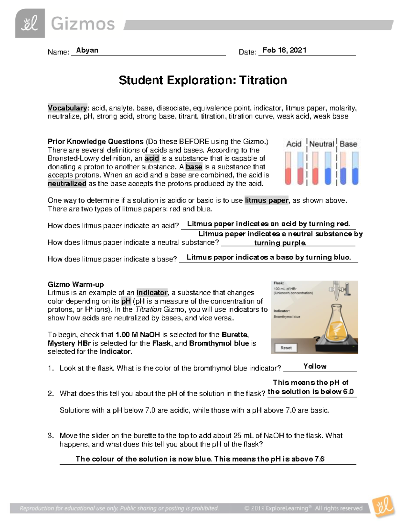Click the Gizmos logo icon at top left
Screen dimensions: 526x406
coord(30,23)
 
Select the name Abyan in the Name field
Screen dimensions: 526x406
coord(87,50)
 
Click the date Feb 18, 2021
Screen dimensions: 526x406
coord(284,50)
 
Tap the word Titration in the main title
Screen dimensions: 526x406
coord(263,80)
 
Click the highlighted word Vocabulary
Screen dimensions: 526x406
coord(67,108)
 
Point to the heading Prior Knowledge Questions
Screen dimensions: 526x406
coord(95,142)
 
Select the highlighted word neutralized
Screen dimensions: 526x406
coord(67,184)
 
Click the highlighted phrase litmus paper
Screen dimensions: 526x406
coord(267,200)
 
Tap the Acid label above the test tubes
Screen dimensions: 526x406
coord(293,144)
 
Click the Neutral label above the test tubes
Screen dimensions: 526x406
coord(321,144)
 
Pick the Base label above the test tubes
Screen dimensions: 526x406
coord(348,144)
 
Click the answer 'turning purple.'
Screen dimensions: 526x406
coord(280,243)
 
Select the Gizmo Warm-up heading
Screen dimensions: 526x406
coord(75,284)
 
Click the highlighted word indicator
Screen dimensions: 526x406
coord(152,293)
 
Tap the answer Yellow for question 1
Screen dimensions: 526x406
coord(315,366)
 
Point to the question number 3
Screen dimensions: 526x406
coord(50,436)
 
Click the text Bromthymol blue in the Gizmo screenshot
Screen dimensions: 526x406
coord(287,317)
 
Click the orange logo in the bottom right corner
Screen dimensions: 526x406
coord(383,506)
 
